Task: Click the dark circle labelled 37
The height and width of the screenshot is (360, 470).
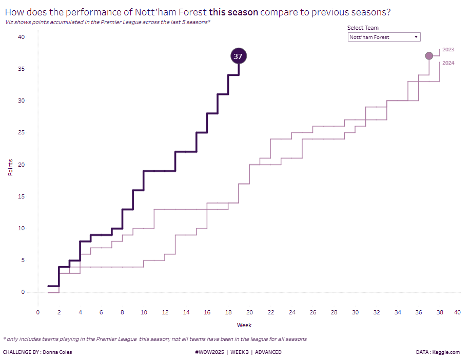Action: point(238,56)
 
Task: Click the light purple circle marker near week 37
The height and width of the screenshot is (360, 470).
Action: point(429,55)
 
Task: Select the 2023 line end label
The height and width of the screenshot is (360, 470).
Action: point(448,49)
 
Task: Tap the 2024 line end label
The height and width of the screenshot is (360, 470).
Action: point(448,63)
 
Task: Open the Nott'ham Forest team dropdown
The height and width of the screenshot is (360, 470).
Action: point(384,37)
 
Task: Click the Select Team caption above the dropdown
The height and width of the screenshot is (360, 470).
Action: point(363,28)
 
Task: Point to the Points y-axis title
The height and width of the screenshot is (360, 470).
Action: point(10,165)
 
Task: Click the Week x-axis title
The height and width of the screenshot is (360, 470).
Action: point(244,325)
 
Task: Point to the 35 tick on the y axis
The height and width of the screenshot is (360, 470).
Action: point(21,69)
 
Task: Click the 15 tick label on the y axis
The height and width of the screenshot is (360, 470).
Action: point(21,196)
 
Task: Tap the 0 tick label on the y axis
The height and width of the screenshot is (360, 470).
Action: point(23,292)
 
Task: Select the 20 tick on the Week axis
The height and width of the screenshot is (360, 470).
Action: point(249,312)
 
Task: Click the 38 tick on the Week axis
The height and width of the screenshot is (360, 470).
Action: point(440,312)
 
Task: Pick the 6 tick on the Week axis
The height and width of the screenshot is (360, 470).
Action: point(101,312)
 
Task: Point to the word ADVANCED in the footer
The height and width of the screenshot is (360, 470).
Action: point(268,352)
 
